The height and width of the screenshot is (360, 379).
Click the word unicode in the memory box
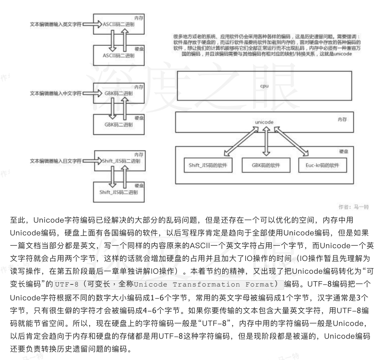264,122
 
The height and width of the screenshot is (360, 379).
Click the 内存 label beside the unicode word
342,120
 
